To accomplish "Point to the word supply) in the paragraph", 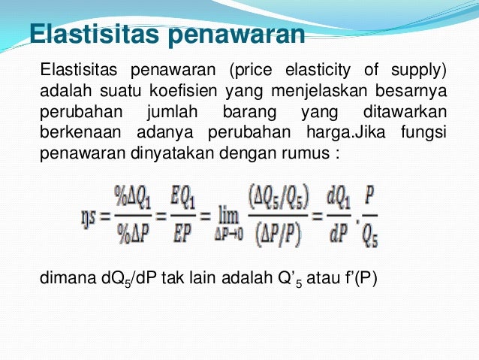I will [x=415, y=72].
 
